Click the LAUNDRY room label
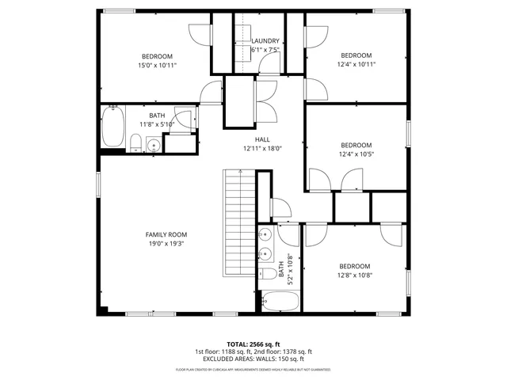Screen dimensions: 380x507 [265, 41]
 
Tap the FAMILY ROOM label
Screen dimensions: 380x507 [166, 234]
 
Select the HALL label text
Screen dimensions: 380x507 [262, 139]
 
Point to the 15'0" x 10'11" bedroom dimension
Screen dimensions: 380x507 [157, 65]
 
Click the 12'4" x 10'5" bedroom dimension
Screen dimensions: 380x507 [356, 154]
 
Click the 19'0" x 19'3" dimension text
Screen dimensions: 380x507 [166, 244]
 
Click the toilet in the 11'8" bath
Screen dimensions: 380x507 [135, 142]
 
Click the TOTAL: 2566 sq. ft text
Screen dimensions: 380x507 [253, 344]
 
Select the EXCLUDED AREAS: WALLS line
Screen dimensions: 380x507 [253, 359]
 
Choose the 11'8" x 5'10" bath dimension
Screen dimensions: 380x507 [157, 124]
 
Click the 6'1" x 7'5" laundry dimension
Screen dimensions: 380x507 [265, 50]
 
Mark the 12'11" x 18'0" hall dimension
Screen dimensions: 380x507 [262, 148]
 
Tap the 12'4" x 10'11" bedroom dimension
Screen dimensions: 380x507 [356, 64]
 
